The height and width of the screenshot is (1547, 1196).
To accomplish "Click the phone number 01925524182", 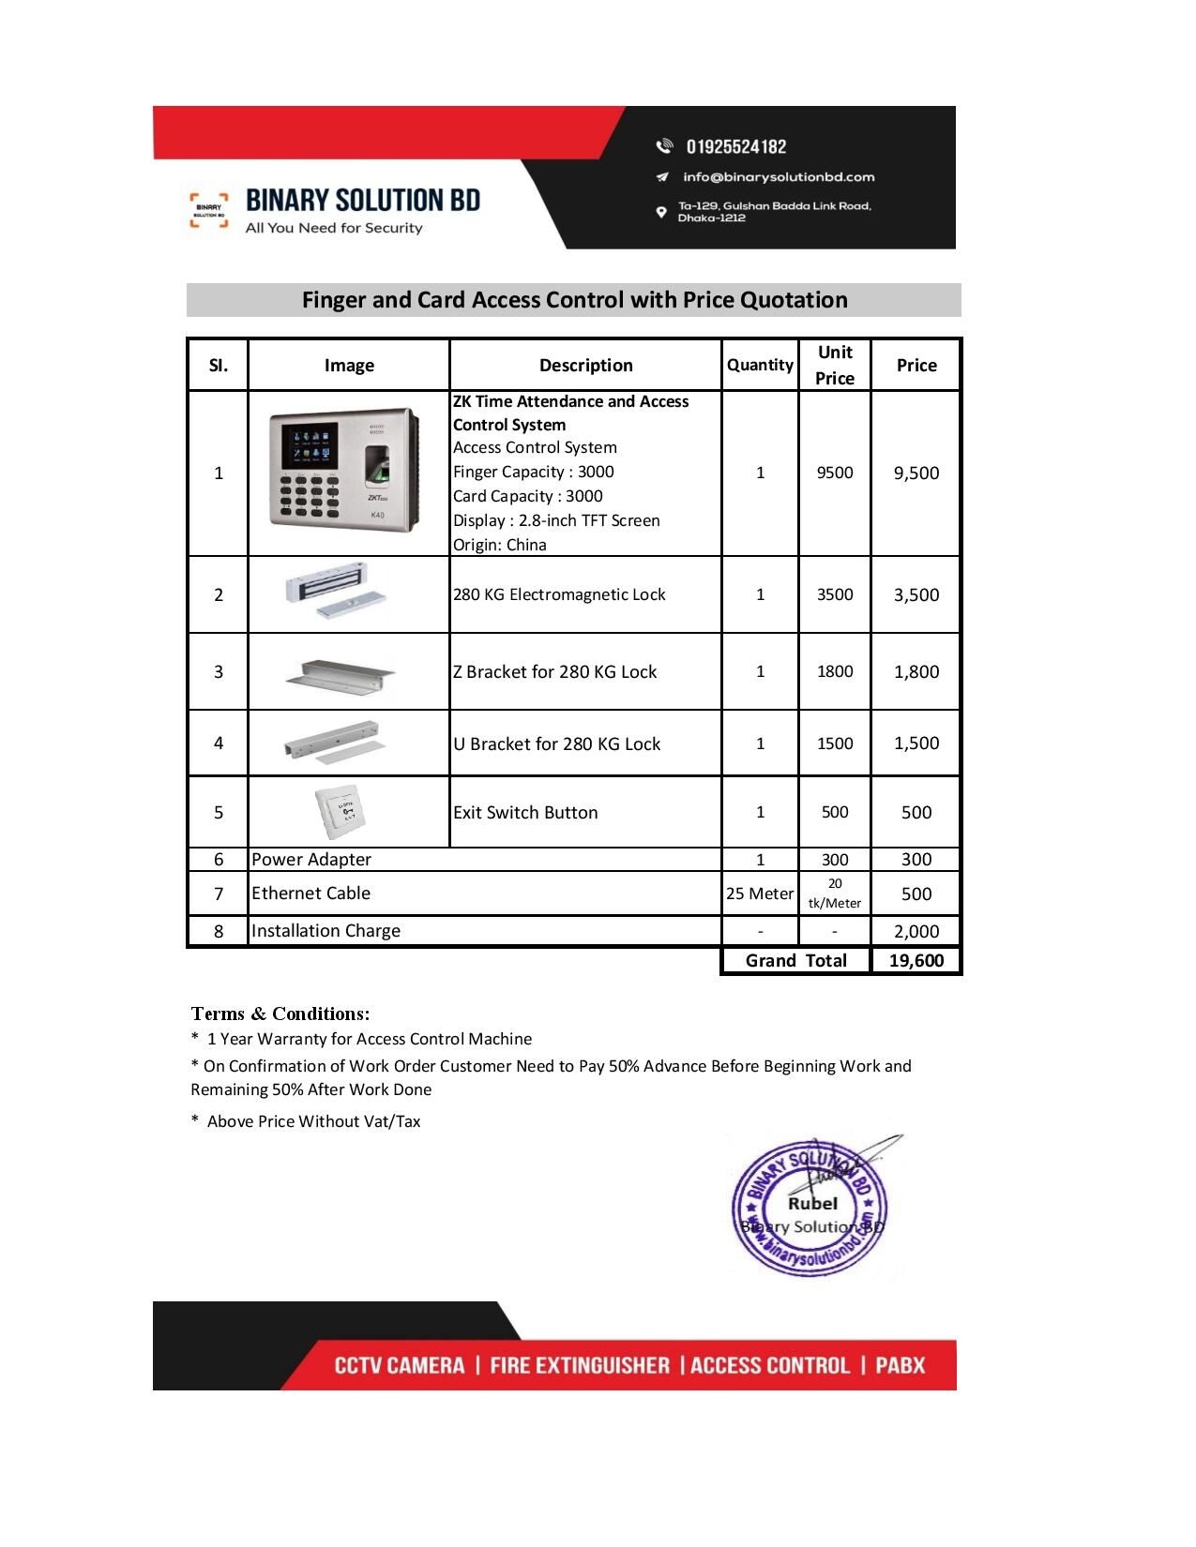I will pos(736,146).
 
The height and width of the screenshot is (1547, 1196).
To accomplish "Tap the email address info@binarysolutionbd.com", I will pos(778,176).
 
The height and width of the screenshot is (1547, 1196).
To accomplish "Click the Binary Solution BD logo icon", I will pos(208,210).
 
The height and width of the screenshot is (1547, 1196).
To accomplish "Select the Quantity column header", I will pos(760,365).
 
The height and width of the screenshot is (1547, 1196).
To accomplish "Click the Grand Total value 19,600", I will pos(916,960).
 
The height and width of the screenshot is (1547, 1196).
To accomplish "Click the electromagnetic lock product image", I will pos(336,592).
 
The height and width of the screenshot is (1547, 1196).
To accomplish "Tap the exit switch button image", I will pos(341,811).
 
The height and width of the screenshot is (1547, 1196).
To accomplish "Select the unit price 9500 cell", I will pos(834,473).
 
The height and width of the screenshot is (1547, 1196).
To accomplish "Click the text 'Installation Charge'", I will pos(325,930).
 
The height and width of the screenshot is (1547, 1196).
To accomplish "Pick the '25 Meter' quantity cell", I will pos(760,894).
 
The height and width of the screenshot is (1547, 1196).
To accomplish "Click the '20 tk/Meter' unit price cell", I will pos(834,894).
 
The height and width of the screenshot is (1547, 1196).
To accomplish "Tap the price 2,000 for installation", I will pos(916,931).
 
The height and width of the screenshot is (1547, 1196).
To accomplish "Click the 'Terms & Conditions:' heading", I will pos(280,1014).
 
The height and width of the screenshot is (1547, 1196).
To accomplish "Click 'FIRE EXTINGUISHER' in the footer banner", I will pos(580,1365).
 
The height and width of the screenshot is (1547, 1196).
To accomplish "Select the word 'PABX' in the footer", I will pos(900,1365).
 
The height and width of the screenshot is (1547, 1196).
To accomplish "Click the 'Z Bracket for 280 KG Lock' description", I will pos(554,671).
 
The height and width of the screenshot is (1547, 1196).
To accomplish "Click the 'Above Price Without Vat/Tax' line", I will pos(313,1121).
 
